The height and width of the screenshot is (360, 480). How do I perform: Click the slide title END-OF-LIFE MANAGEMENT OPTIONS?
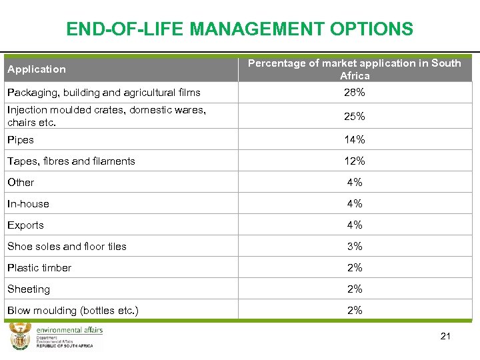[239, 29]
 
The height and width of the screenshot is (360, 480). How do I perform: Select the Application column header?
[37, 69]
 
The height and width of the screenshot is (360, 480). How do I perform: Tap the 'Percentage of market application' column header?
[354, 69]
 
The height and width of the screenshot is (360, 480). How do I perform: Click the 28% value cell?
[354, 93]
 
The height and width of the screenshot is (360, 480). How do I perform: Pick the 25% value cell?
[354, 117]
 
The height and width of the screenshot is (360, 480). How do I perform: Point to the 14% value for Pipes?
[354, 140]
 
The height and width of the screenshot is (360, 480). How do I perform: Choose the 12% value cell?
[354, 161]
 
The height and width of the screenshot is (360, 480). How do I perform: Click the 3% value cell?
[354, 247]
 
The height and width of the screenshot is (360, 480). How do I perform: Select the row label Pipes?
[21, 140]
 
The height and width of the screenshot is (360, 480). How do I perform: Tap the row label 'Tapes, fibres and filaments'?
[71, 161]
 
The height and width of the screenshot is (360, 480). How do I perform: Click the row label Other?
[21, 183]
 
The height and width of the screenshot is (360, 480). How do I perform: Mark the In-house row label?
[28, 204]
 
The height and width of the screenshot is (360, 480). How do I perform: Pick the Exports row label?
[25, 225]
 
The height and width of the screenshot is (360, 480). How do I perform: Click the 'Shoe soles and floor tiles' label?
[67, 247]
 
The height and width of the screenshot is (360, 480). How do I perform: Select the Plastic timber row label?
[39, 268]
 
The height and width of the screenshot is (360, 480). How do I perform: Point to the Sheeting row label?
[29, 289]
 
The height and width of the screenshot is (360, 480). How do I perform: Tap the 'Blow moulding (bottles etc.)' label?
[73, 311]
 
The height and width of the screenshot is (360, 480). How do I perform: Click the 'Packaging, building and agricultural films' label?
[103, 93]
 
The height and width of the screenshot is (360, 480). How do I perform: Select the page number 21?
[445, 336]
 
